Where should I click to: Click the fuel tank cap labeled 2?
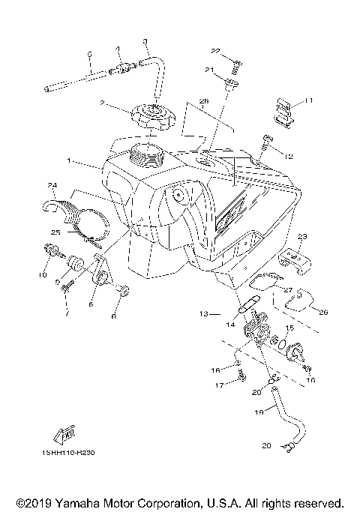click(151, 118)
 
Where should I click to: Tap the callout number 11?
click(308, 100)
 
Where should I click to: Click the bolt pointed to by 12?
click(268, 142)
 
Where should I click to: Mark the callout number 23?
click(302, 236)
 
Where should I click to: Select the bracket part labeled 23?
click(295, 259)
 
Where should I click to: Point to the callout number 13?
click(204, 315)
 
